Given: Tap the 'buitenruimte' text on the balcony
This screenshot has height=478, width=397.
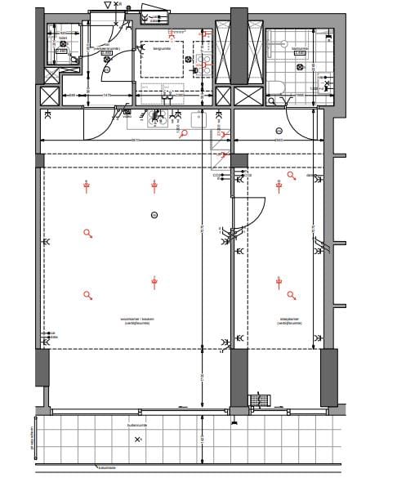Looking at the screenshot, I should pyautogui.click(x=136, y=426).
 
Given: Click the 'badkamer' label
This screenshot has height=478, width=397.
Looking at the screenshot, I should pyautogui.click(x=300, y=48).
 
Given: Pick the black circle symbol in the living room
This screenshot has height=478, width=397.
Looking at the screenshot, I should pyautogui.click(x=154, y=215).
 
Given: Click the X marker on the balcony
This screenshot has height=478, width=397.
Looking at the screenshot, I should pyautogui.click(x=137, y=440).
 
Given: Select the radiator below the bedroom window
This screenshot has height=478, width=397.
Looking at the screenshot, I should pyautogui.click(x=259, y=400).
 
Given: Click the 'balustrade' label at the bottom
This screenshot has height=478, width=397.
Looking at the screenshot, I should pyautogui.click(x=107, y=468).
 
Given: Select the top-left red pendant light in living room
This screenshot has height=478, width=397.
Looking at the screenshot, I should pyautogui.click(x=86, y=186).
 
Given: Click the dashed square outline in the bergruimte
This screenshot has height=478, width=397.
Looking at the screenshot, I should pyautogui.click(x=163, y=60).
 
